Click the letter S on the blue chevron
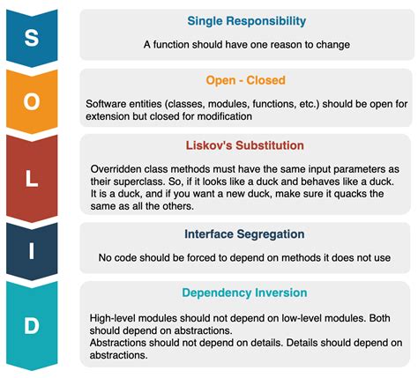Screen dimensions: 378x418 point(32,37)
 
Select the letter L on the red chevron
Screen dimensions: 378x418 point(32,180)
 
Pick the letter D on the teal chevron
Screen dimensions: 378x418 point(32,326)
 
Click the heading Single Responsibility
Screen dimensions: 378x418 point(246,21)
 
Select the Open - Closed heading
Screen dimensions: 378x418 point(246,80)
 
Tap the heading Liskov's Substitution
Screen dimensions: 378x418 point(246,145)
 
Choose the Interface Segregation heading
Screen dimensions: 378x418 point(245,234)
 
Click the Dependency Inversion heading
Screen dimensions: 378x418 point(246,293)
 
